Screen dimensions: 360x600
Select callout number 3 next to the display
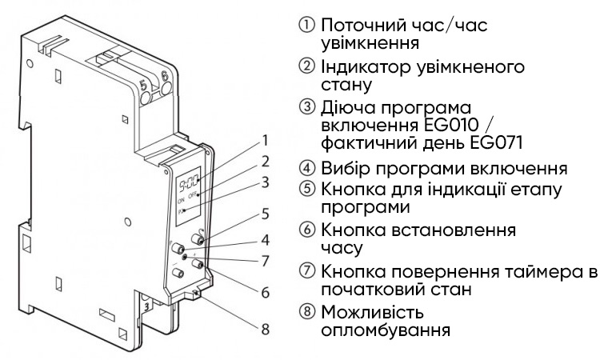tap(264, 182)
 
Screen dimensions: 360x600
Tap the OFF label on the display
tap(193, 196)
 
